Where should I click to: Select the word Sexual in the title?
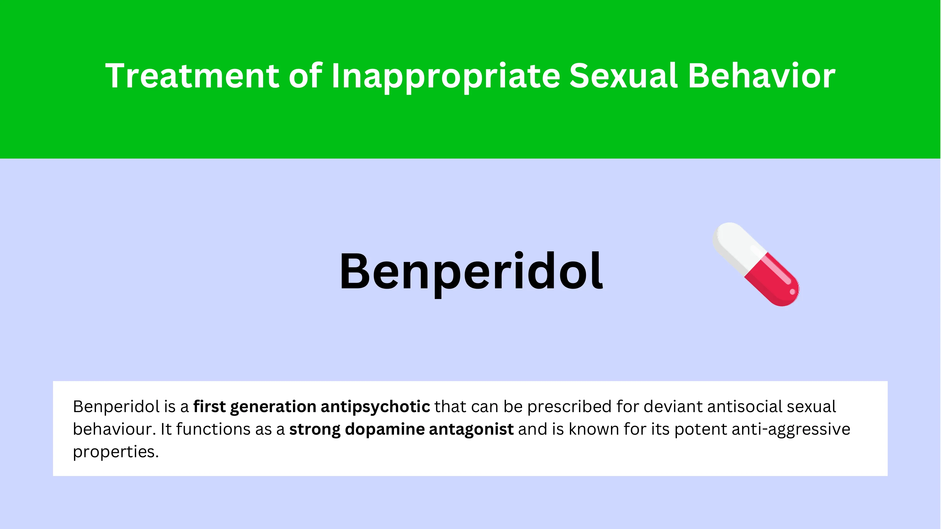(x=624, y=76)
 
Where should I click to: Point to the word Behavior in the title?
(x=762, y=76)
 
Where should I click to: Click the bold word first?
(x=209, y=407)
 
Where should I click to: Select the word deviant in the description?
(x=673, y=407)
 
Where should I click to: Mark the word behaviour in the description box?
(x=114, y=429)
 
